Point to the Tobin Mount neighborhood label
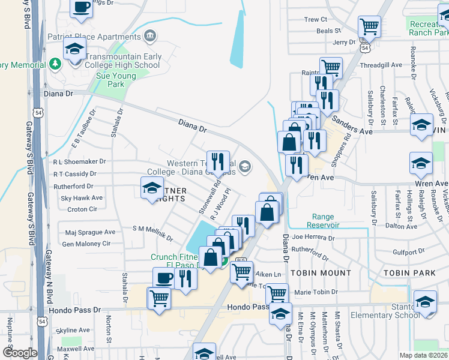pos(321,272)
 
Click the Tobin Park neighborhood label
pos(410,272)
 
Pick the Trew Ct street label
pos(315,19)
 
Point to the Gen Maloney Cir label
pos(86,244)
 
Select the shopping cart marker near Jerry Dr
pos(369,26)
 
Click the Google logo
pos(20,353)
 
